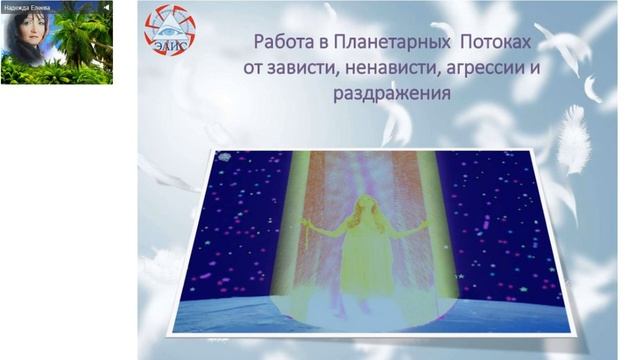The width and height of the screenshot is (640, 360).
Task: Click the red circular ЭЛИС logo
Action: point(170,30)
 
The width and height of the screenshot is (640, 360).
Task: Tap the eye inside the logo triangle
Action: point(170,25)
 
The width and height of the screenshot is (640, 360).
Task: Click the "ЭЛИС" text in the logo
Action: point(169,42)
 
